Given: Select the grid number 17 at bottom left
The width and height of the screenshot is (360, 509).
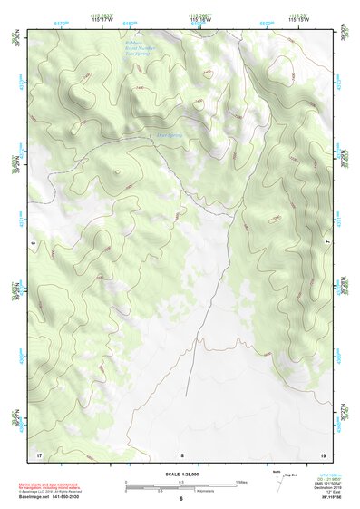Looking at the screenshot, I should (x=38, y=454).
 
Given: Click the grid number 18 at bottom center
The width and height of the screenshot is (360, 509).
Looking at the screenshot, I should (x=180, y=454).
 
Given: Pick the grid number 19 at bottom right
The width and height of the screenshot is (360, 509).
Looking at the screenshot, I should (x=322, y=454).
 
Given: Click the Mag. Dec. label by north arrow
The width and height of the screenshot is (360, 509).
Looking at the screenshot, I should (x=291, y=473).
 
